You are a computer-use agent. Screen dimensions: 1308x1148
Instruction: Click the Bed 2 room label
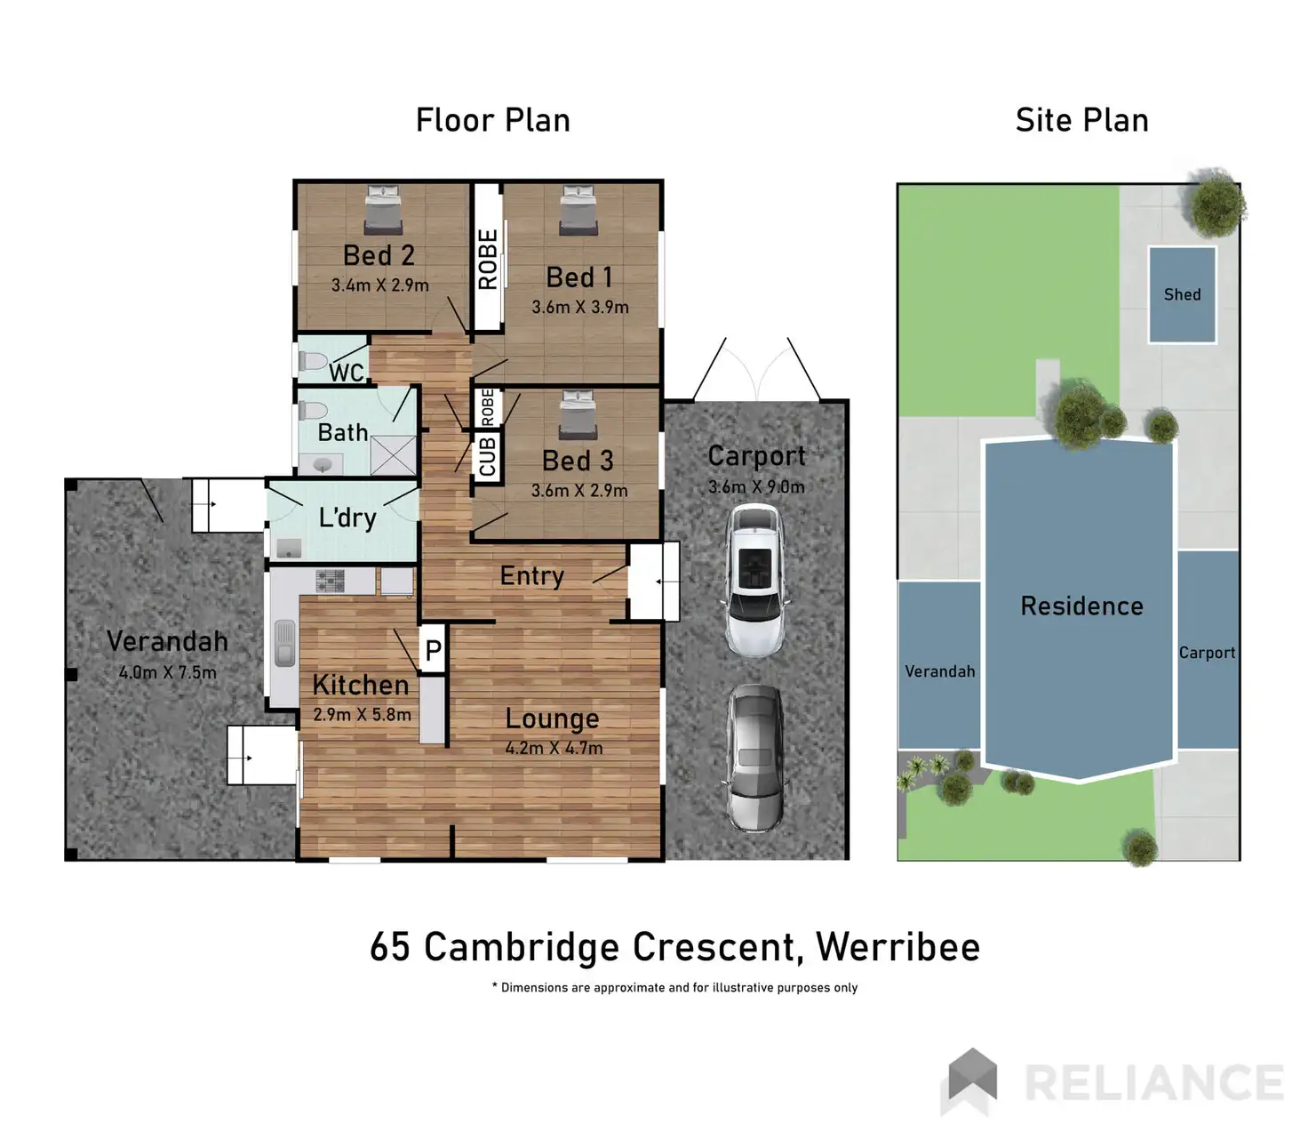379,255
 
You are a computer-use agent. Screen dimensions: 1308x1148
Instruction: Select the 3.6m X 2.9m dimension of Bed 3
579,490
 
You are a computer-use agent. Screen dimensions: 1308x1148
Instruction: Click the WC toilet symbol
313,361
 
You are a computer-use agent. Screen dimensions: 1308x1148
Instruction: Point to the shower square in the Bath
393,455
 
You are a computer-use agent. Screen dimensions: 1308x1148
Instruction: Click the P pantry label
433,650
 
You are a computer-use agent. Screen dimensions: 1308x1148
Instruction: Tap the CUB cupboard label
487,456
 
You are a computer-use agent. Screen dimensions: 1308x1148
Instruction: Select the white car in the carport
755,579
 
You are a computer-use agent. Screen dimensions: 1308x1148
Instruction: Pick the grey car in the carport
755,757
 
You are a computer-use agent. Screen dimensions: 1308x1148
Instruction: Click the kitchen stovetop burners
331,581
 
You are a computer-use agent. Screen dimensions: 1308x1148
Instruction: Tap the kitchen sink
284,643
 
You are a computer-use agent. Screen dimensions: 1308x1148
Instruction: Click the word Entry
531,576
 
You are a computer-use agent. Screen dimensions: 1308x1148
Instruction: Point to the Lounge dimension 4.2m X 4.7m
554,748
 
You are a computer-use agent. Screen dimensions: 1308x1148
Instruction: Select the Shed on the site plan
1182,294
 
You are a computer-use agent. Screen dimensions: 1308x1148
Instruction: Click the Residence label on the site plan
1081,606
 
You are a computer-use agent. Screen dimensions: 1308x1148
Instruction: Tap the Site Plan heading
1081,120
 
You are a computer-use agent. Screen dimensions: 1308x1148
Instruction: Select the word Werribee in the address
897,947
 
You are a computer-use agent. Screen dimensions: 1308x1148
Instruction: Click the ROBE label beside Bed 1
488,259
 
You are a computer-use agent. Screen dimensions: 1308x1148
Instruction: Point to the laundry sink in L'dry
288,547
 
